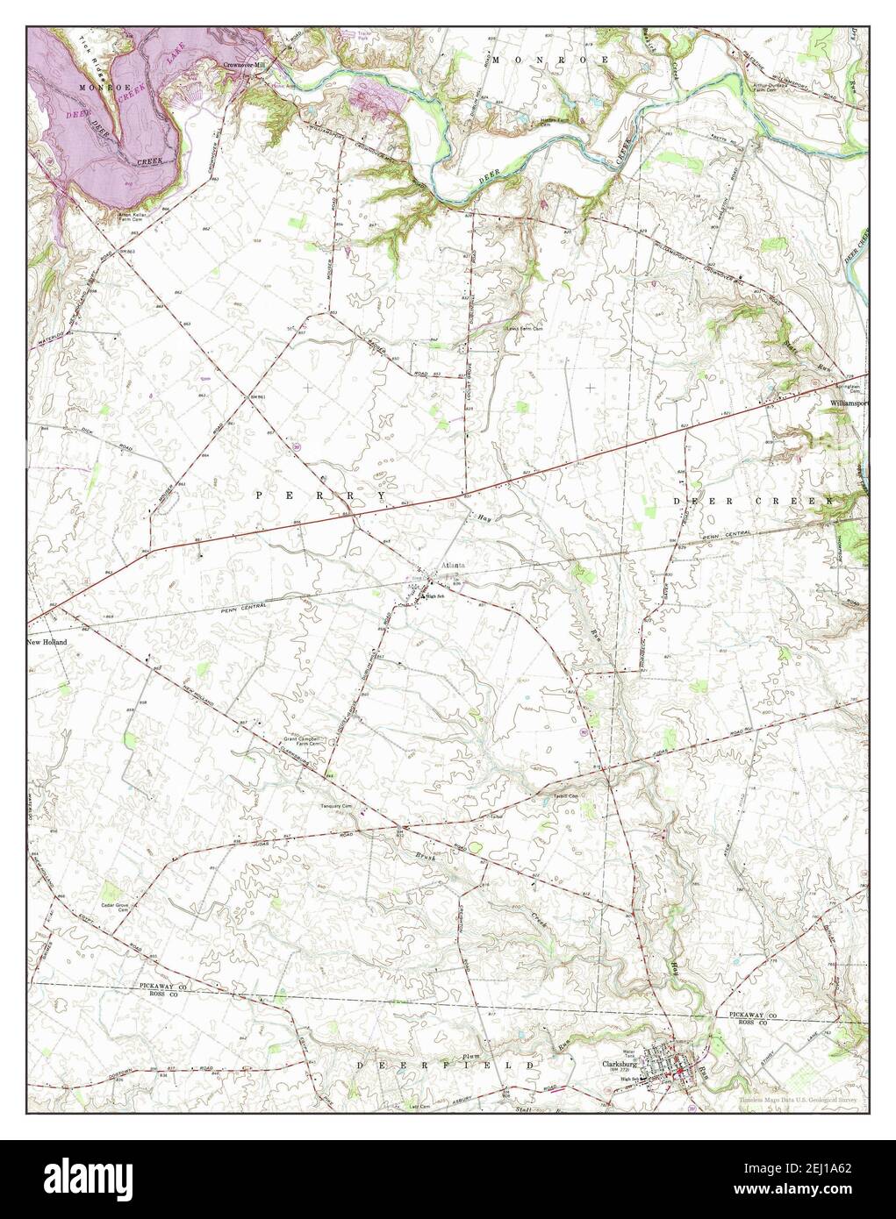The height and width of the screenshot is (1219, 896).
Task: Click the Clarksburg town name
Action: click(x=620, y=1066)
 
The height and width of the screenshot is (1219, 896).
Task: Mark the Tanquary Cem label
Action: click(x=335, y=805)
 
